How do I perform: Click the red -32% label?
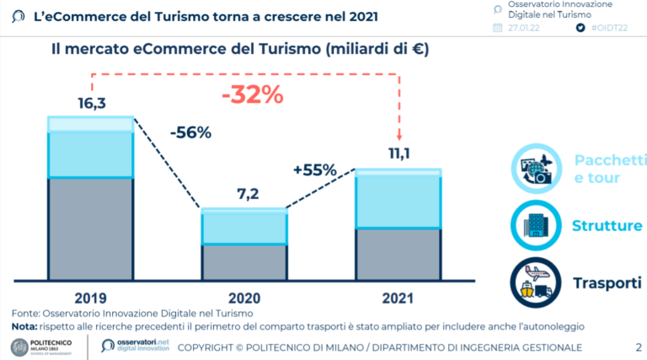click(x=252, y=94)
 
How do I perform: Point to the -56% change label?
click(x=190, y=133)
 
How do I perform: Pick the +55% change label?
click(x=315, y=169)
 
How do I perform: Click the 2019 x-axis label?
click(x=90, y=298)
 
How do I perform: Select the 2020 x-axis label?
click(x=243, y=298)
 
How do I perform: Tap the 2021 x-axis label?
click(x=398, y=298)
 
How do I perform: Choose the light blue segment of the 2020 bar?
click(x=243, y=227)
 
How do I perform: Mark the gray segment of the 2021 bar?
click(x=398, y=254)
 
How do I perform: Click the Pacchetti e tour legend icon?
click(x=536, y=169)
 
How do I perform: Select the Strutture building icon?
click(x=536, y=225)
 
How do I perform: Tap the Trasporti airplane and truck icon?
click(x=536, y=282)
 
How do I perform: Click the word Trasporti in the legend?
click(x=607, y=282)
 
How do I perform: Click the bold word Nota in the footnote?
click(x=24, y=325)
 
